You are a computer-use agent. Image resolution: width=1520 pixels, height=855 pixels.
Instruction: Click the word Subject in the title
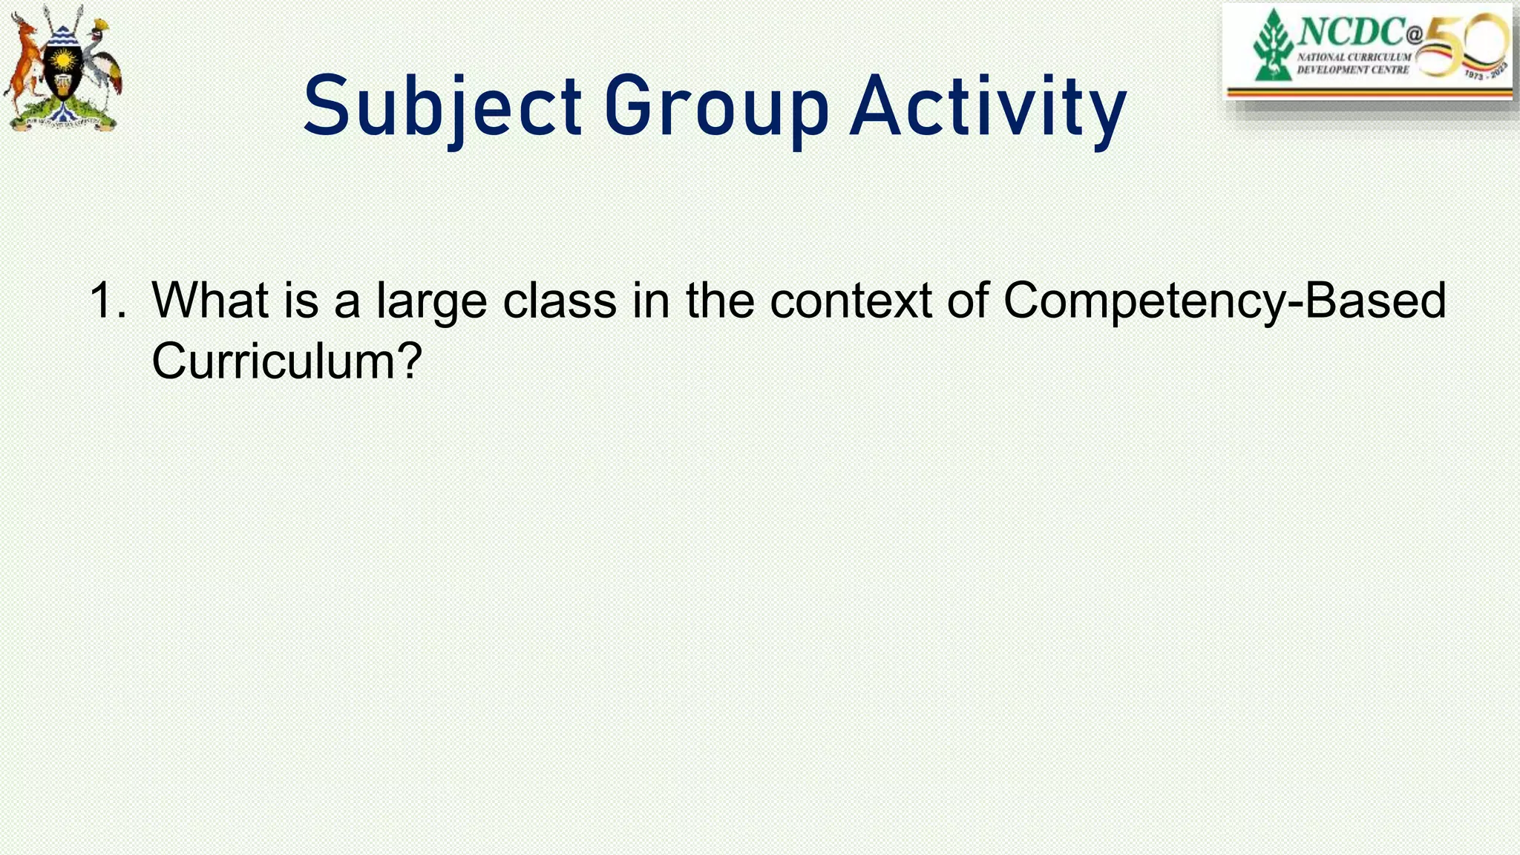[x=442, y=108]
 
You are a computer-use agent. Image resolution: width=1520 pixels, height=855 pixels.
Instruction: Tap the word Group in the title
[x=715, y=108]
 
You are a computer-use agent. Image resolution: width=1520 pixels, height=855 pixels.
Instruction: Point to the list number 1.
[x=105, y=301]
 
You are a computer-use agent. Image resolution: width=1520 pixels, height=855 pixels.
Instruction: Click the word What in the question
[x=210, y=301]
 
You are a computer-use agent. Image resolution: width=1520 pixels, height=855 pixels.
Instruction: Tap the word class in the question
[x=560, y=301]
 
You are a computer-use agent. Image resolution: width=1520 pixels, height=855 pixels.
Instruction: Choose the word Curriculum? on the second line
[x=286, y=361]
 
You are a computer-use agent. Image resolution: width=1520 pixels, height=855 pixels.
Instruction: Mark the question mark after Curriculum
[x=409, y=361]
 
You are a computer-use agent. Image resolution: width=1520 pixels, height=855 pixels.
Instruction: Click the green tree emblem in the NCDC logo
[x=1274, y=45]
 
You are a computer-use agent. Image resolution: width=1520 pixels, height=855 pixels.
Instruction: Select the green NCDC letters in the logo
[x=1350, y=32]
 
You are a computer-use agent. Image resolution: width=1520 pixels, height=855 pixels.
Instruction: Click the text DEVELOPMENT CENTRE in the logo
[x=1352, y=70]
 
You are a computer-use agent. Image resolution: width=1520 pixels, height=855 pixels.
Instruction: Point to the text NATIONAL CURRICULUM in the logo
[x=1354, y=57]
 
